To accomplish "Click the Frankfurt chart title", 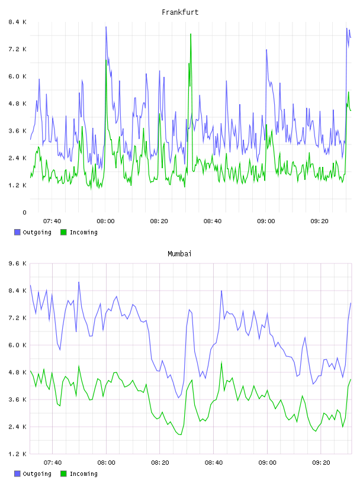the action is [180, 12].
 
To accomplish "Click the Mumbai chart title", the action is [179, 253].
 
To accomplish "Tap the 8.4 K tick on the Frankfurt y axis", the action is [17, 22].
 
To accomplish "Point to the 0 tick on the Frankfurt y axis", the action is [24, 212].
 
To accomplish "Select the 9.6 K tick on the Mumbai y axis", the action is [17, 263].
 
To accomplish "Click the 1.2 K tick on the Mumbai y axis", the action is [17, 454].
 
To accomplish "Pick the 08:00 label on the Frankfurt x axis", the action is [105, 221].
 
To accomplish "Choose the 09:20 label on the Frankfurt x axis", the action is [319, 221].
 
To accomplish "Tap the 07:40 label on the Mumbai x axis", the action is [52, 462].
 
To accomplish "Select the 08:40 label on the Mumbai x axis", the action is [213, 462].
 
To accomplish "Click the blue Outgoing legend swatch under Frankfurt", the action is [17, 232].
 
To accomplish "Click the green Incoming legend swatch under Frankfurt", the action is [63, 232].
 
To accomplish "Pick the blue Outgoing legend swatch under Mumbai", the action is [17, 474].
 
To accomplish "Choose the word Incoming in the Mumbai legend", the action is [83, 474].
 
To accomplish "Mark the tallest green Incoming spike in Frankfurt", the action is [191, 34].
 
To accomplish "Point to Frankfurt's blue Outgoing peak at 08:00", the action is [106, 27].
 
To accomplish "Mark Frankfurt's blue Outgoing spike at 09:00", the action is [266, 50].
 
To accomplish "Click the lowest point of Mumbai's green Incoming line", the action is [181, 434].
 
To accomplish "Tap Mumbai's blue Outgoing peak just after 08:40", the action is [221, 291].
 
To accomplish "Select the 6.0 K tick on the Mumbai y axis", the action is [17, 345].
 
